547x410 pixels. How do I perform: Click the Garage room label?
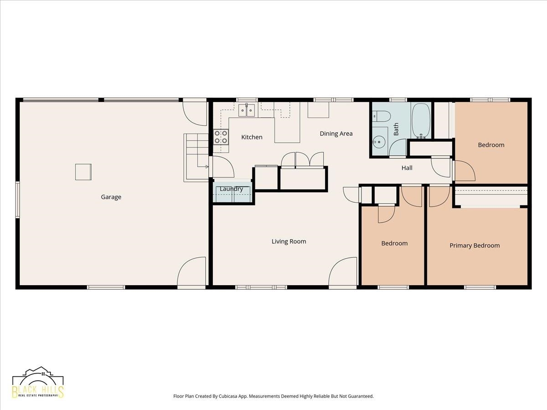111,197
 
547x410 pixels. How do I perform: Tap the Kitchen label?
252,137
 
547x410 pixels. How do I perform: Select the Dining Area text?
336,133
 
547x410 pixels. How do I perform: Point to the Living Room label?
289,241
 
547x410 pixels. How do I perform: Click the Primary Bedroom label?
475,246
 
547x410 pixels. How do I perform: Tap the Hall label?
407,168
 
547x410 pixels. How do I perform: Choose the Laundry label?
231,189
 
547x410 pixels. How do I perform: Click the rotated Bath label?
396,129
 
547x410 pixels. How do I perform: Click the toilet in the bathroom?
381,117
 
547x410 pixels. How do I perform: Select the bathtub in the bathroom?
421,121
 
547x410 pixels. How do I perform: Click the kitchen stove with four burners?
221,137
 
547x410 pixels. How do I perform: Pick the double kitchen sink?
247,110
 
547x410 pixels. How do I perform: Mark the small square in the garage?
83,172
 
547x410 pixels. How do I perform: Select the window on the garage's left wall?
17,200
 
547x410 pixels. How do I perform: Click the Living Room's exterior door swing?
343,272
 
